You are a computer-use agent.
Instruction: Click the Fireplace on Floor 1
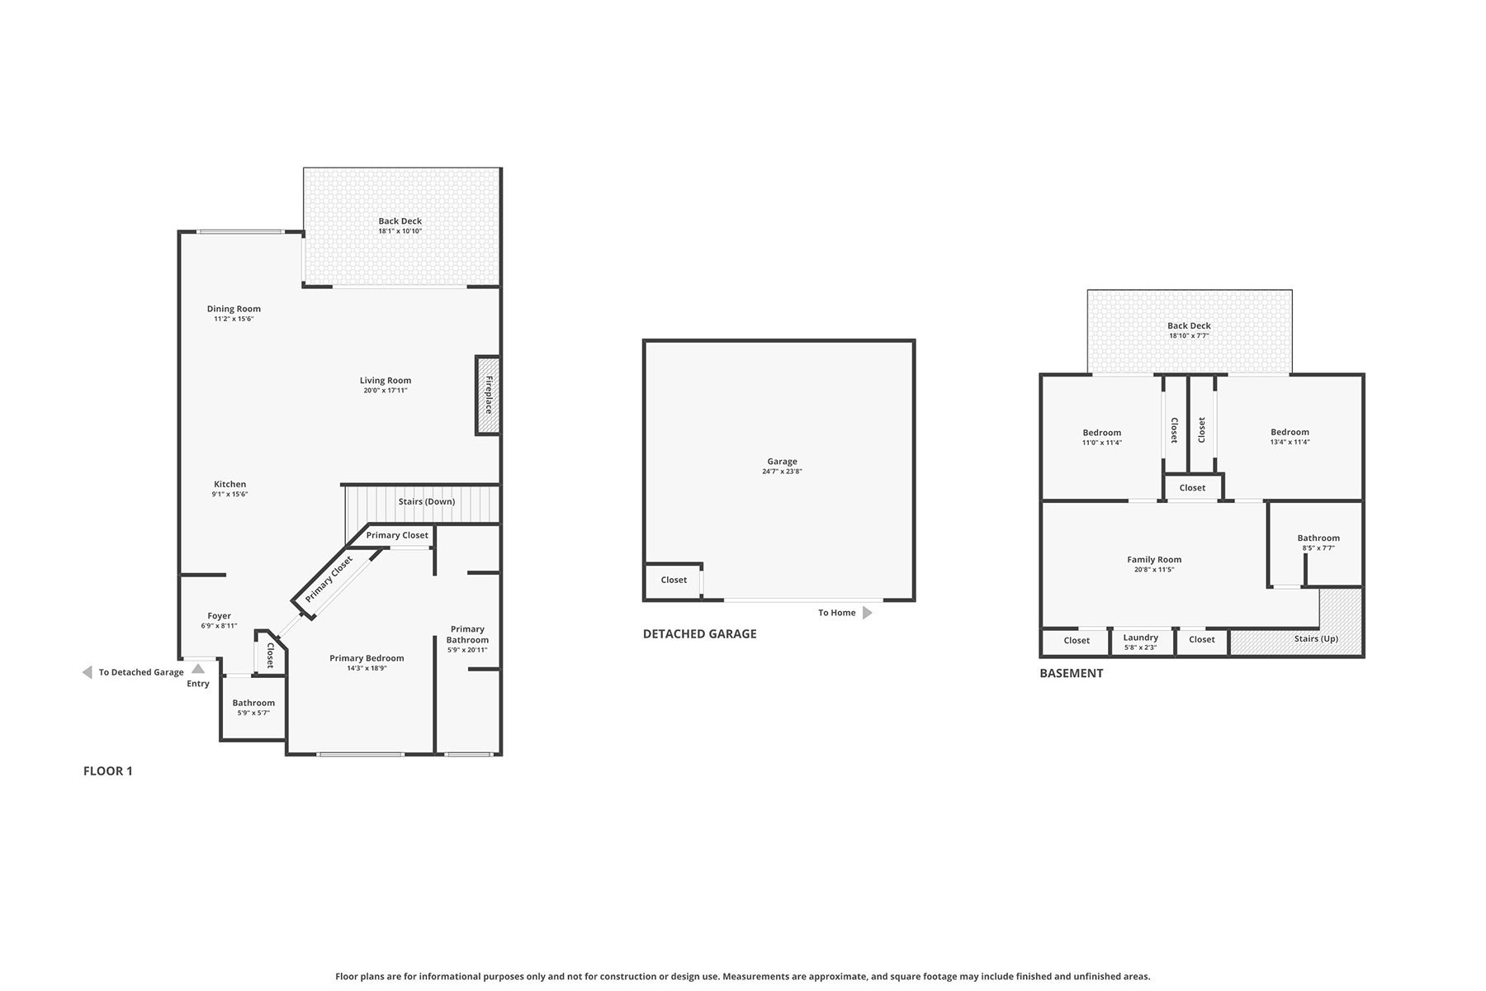pyautogui.click(x=488, y=396)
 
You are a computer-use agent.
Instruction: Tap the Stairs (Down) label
pyautogui.click(x=427, y=502)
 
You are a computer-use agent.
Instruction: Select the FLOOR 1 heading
pyautogui.click(x=108, y=771)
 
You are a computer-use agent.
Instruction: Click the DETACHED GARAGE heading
pyautogui.click(x=700, y=634)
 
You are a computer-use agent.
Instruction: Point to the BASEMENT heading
pyautogui.click(x=1072, y=674)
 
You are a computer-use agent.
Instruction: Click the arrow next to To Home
pyautogui.click(x=868, y=613)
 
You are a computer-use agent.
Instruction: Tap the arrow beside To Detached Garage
pyautogui.click(x=88, y=672)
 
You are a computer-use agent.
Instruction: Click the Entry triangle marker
pyautogui.click(x=198, y=669)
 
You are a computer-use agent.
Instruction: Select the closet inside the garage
pyautogui.click(x=674, y=581)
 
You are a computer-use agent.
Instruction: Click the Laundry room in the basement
pyautogui.click(x=1141, y=642)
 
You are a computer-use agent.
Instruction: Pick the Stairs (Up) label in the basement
pyautogui.click(x=1317, y=639)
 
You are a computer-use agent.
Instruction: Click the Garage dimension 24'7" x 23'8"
pyautogui.click(x=783, y=472)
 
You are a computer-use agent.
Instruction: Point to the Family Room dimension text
pyautogui.click(x=1154, y=570)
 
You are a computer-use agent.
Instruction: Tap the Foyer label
pyautogui.click(x=220, y=616)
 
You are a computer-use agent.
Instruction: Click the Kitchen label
pyautogui.click(x=230, y=485)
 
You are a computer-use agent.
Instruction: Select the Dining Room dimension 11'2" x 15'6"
pyautogui.click(x=234, y=319)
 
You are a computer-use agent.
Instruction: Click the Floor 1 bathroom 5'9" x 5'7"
pyautogui.click(x=253, y=708)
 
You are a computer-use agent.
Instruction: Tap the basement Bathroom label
pyautogui.click(x=1318, y=538)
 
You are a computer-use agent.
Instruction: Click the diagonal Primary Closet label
pyautogui.click(x=329, y=579)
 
